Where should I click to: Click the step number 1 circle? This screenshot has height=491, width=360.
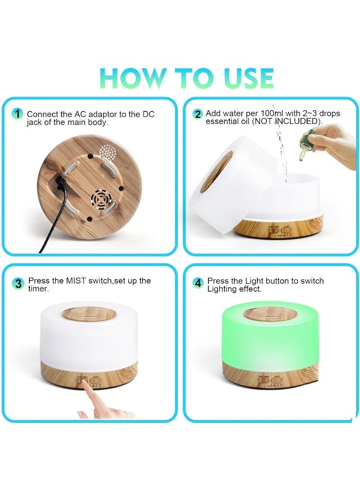(x=18, y=114)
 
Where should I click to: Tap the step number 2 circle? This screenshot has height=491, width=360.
(x=197, y=114)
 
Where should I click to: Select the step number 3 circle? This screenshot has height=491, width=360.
(x=19, y=284)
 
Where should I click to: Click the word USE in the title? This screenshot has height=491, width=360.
(x=247, y=78)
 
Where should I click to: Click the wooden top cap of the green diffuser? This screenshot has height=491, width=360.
(x=263, y=314)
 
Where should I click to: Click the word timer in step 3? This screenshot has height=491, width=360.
(x=38, y=289)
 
